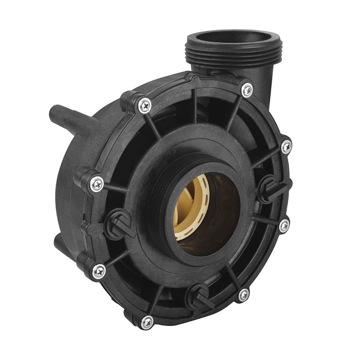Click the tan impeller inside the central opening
[188, 208]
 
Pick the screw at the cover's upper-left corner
[143, 105]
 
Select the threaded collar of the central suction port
[160, 200]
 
